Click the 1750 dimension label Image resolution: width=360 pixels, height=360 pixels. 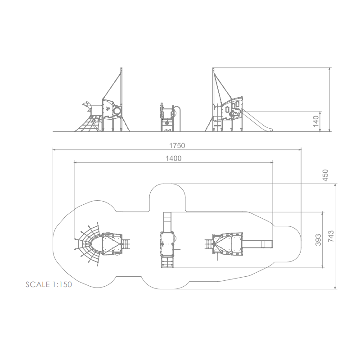click(x=177, y=145)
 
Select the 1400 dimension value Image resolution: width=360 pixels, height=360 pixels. click(x=174, y=158)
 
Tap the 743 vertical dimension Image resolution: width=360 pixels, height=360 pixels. click(x=331, y=236)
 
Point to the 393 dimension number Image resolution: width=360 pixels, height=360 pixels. click(x=318, y=240)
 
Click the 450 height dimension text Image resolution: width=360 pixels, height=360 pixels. click(x=325, y=175)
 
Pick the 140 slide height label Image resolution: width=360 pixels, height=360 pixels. click(x=316, y=121)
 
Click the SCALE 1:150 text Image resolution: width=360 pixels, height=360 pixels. click(x=49, y=284)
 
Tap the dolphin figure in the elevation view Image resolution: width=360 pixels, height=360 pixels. click(x=87, y=106)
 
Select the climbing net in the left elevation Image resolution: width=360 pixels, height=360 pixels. click(x=89, y=123)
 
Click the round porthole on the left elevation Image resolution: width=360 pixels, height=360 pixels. click(x=117, y=111)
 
